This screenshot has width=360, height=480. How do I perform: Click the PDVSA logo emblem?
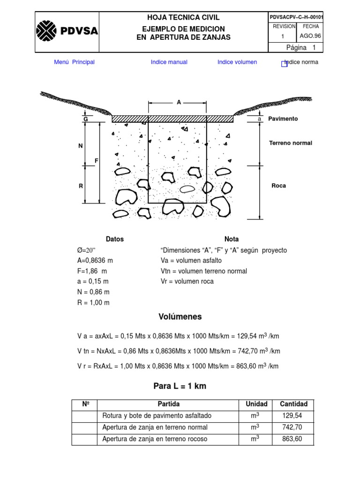pos(47,32)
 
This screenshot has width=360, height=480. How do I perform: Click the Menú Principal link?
pos(74,62)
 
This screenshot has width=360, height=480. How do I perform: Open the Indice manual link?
pos(169,62)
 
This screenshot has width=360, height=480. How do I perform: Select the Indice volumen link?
pos(237,62)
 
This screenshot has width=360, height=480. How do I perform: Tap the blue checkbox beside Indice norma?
pos(284,64)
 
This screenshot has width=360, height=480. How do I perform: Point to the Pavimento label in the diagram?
pos(283,119)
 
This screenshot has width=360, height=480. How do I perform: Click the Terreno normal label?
pos(290,143)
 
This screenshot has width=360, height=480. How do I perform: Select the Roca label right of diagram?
pos(278,186)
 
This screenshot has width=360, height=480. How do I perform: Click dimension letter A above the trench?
pos(179,102)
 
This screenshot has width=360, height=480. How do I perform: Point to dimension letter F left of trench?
pos(97,161)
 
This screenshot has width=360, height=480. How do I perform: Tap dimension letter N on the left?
pos(80,146)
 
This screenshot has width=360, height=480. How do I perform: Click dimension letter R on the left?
pos(81,186)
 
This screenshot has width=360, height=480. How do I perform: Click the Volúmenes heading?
pos(180,317)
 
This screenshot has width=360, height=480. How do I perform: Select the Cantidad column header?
pos(293,404)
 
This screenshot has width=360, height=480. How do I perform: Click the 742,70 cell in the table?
pos(293,427)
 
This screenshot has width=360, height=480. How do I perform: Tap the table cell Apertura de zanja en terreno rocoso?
pos(155,439)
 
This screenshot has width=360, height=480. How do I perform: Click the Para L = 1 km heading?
pos(180,387)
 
